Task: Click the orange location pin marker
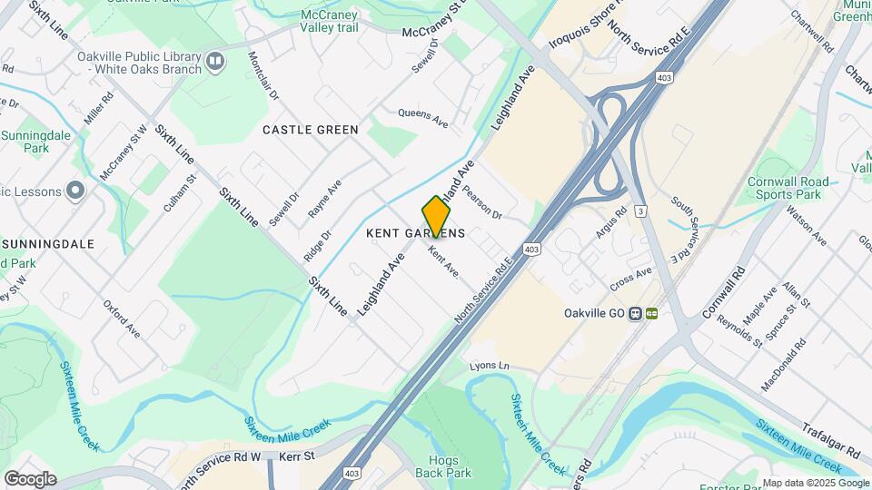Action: coord(436,216)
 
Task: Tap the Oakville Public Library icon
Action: coord(215,61)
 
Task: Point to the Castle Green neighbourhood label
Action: coord(311,130)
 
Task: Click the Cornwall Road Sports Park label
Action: coord(788,188)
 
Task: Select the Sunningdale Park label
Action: coord(36,140)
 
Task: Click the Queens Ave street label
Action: coord(423,119)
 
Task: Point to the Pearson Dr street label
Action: coord(481,202)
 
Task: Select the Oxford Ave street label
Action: coord(122,318)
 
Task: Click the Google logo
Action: coord(30,478)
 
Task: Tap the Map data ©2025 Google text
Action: coord(814,483)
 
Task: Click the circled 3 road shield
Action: coord(641,211)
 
